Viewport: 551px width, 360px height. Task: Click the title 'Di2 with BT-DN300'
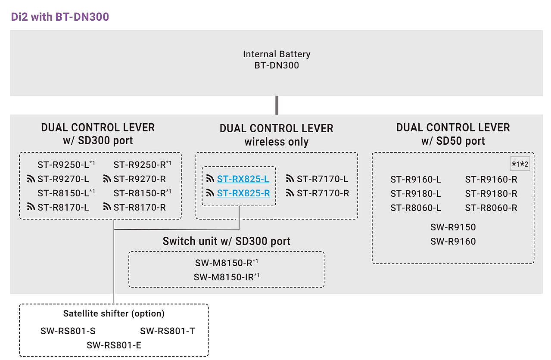click(x=60, y=17)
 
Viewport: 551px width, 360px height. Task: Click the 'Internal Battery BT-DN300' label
click(x=277, y=60)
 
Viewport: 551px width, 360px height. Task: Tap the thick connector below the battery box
click(x=277, y=105)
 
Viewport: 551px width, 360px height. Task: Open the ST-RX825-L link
click(x=243, y=179)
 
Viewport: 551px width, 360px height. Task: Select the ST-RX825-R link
click(x=243, y=193)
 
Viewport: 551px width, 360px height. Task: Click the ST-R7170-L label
click(x=322, y=179)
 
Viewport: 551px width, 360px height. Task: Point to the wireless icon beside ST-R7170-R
click(x=290, y=193)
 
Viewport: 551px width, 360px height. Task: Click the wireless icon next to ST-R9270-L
click(x=31, y=179)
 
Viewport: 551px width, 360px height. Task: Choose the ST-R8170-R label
click(x=140, y=208)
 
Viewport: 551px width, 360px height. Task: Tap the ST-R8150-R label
click(x=140, y=193)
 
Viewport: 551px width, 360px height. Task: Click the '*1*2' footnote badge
click(x=520, y=164)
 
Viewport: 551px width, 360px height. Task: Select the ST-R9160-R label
click(x=491, y=180)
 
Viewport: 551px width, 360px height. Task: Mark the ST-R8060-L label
click(x=416, y=208)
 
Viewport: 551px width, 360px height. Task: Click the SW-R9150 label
click(x=453, y=227)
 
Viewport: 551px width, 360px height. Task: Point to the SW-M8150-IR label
click(x=224, y=277)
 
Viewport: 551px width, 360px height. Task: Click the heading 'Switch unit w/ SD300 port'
click(x=227, y=241)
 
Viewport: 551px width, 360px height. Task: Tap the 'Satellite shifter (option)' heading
click(x=114, y=313)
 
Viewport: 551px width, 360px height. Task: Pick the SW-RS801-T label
click(x=168, y=331)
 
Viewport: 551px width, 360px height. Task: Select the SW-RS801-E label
click(x=114, y=345)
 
